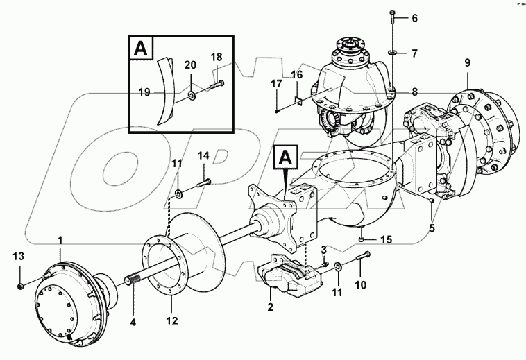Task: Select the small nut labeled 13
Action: coord(22,286)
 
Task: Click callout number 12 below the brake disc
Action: coord(171,321)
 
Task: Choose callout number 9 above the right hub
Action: coord(467,62)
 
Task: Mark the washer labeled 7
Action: coord(392,52)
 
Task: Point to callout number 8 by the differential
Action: coord(414,91)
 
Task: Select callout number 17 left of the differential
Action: coord(276,84)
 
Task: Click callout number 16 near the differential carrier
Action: coord(296,74)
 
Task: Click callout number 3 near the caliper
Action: coord(323,250)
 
